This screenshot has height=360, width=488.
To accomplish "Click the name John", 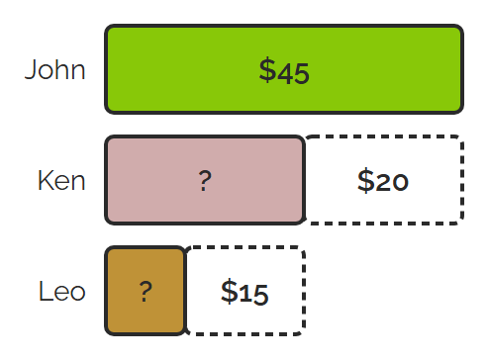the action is pos(55,69).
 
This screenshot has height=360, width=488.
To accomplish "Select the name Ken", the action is pos(61,180).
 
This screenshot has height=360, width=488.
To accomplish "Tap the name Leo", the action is pos(62,291).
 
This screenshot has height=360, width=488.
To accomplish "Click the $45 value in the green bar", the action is pos(284,70).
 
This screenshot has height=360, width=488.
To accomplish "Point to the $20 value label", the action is pos(383,180).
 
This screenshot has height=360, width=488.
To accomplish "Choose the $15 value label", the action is pos(244,292).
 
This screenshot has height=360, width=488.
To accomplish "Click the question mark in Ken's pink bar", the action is pos(205,180).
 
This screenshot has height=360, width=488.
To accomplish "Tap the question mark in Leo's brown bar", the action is pos(146,292).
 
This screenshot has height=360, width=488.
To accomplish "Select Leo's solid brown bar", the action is pos(146,291).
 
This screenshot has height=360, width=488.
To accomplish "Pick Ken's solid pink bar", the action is pos(205,180).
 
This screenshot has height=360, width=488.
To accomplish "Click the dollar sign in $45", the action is pos(267,70).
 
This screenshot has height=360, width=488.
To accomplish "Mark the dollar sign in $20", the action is pos(365,180).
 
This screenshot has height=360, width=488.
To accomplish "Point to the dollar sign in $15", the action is pos(229,292).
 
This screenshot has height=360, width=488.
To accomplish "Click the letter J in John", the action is pos(31,69).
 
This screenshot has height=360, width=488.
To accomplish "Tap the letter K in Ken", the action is pos(45,180).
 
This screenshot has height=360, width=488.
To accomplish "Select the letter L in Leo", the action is pos(45,291).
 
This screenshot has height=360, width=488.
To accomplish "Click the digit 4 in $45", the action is pos(285,73).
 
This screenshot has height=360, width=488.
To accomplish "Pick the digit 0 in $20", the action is pos(400,182).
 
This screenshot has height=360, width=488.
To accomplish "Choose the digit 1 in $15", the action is pos(244,294).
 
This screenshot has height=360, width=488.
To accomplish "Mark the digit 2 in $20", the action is pos(383,182).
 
